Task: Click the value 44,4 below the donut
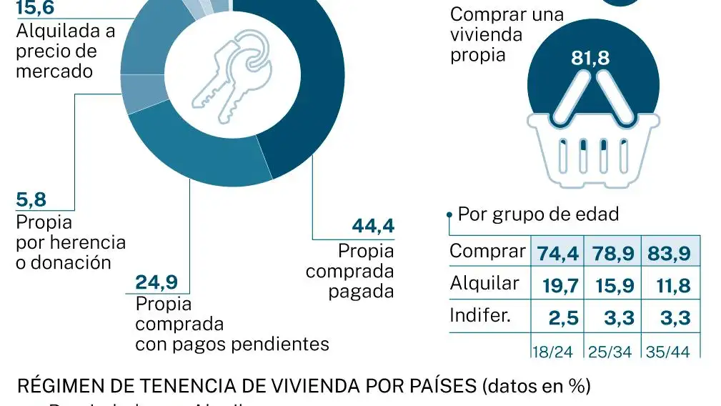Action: (373, 227)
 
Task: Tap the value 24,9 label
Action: (156, 283)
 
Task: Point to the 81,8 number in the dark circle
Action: (590, 59)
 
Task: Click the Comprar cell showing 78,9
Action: (613, 253)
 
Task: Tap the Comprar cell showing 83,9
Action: (670, 253)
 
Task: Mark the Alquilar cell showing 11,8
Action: (670, 286)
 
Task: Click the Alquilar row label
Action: (484, 284)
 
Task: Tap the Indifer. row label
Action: (480, 315)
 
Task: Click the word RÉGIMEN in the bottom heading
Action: (54, 387)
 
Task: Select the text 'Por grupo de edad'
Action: (538, 214)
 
